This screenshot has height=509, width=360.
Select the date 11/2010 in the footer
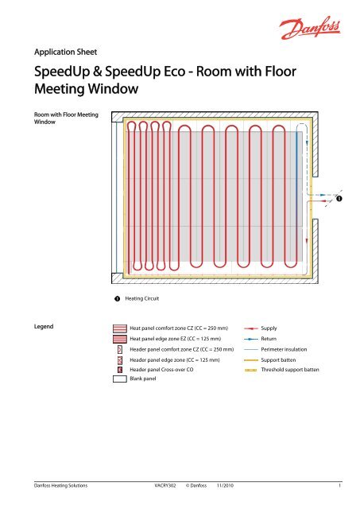[233, 484]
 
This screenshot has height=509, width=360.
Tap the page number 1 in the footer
[339, 484]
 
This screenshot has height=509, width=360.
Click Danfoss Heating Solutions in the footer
[54, 484]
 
